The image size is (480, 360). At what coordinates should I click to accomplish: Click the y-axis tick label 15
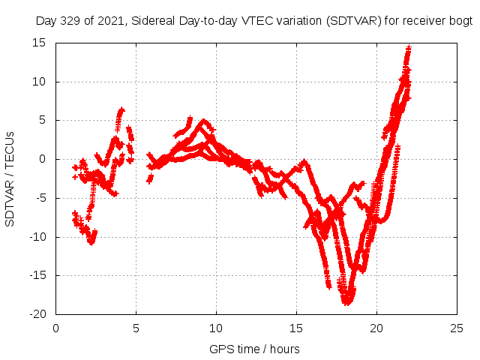point(40,43)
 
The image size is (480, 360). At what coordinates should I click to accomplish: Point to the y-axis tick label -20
point(37,314)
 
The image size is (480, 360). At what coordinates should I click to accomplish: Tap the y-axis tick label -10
point(37,237)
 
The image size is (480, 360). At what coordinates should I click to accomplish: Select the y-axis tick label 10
point(40,82)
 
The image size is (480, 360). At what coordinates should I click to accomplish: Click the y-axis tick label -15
point(37,275)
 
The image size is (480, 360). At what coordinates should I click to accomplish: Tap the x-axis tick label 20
point(376,328)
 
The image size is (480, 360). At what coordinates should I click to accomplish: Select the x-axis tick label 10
point(216,328)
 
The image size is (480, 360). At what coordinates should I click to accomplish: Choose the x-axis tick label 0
point(56,328)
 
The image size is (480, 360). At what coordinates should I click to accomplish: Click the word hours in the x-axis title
point(284,349)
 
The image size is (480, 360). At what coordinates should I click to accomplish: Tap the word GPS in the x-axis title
point(221,349)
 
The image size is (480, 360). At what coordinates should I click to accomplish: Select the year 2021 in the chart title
point(106,21)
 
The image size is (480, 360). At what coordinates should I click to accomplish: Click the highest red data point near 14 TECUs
point(409,49)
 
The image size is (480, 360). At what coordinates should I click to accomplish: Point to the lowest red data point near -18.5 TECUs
point(347,303)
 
